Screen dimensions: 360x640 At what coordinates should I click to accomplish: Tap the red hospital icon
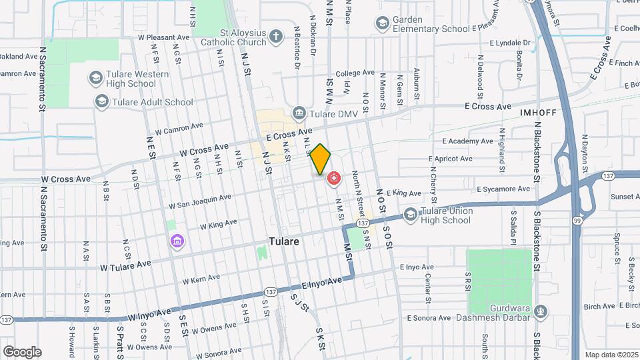333,178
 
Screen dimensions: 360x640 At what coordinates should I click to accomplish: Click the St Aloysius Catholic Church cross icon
277,37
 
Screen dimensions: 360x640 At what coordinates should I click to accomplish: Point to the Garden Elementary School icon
382,24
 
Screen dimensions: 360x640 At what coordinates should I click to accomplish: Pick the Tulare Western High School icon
95,79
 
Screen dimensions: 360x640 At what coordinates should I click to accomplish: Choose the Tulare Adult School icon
102,102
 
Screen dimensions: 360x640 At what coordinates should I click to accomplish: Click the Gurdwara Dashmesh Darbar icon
541,311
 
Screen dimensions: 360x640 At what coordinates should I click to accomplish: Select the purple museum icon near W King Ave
177,240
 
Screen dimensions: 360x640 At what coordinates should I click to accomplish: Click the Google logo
22,351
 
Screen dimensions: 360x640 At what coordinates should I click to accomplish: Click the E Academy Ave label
468,141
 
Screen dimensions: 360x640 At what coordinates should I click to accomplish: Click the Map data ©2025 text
611,355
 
